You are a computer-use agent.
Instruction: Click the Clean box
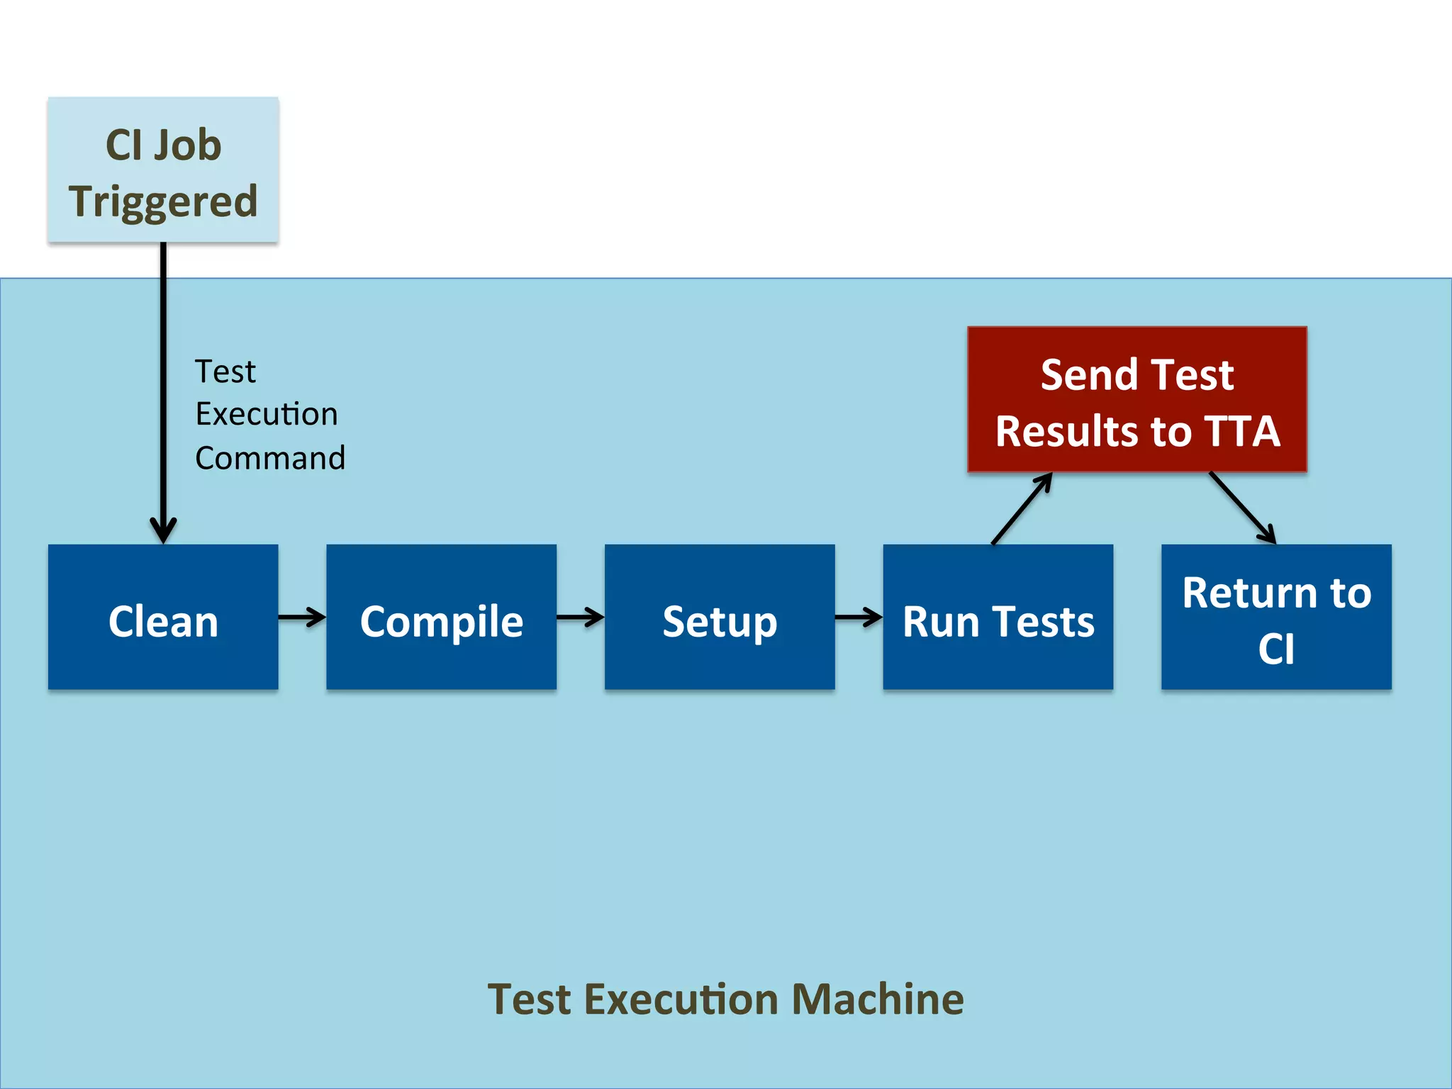tap(163, 617)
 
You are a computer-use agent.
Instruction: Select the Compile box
tap(441, 617)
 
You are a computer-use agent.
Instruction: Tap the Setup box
tap(719, 617)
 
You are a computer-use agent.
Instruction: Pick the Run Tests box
tap(998, 617)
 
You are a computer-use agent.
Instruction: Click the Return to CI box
tap(1276, 617)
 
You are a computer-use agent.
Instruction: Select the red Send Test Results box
tap(1137, 399)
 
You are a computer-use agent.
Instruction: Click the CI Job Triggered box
tap(163, 170)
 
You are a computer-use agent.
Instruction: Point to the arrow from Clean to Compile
tap(301, 617)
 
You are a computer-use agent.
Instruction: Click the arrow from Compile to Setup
tap(580, 617)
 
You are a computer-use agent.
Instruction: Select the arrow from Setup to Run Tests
tap(859, 617)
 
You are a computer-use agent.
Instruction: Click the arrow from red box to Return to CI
tap(1243, 508)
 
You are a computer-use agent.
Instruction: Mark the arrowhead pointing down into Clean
tap(163, 530)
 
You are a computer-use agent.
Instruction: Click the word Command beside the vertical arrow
tap(270, 458)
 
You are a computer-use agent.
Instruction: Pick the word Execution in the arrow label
tap(267, 414)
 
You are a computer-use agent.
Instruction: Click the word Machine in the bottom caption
tap(877, 1000)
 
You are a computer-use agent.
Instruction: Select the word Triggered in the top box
tap(163, 201)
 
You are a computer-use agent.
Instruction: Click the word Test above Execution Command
tap(225, 372)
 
